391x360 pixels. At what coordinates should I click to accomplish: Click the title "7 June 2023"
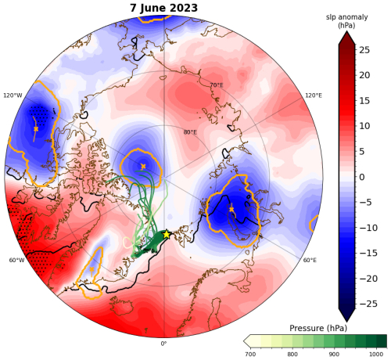(163, 8)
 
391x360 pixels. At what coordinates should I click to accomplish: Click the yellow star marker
(167, 235)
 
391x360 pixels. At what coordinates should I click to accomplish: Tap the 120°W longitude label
(13, 95)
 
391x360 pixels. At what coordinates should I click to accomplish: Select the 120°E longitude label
(314, 95)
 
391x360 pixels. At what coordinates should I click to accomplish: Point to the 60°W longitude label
(16, 260)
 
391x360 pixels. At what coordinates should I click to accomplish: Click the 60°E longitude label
(310, 260)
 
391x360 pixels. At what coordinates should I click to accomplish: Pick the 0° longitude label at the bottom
(163, 344)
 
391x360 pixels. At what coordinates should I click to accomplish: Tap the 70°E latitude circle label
(217, 85)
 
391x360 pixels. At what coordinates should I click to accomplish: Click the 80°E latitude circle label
(190, 132)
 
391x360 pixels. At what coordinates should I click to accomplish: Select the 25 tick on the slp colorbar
(364, 49)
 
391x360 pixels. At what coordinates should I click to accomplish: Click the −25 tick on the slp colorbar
(368, 304)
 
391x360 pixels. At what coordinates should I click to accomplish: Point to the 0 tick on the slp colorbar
(362, 177)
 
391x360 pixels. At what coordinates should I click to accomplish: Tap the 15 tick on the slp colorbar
(364, 100)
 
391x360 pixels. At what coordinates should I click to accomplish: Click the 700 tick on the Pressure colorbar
(251, 354)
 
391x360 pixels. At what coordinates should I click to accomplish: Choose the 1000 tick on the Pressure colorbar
(377, 354)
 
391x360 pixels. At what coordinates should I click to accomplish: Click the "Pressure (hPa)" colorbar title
(318, 328)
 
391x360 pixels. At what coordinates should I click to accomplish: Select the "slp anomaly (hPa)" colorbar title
(346, 21)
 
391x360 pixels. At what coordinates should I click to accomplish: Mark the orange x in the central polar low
(143, 166)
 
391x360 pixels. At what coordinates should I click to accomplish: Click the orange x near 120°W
(36, 129)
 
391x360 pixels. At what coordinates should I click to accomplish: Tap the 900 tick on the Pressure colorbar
(335, 354)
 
